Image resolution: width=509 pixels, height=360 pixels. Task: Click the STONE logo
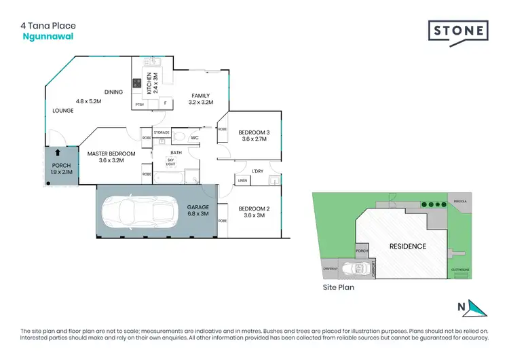(457, 32)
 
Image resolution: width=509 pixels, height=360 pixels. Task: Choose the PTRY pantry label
(140, 105)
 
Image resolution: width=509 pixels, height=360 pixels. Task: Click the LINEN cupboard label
(242, 181)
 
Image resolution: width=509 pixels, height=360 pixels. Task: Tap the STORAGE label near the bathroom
(161, 132)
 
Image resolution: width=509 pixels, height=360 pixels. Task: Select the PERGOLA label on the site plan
(462, 201)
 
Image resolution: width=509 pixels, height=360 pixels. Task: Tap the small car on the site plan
(353, 269)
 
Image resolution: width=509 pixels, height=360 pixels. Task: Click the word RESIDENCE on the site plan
(407, 246)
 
